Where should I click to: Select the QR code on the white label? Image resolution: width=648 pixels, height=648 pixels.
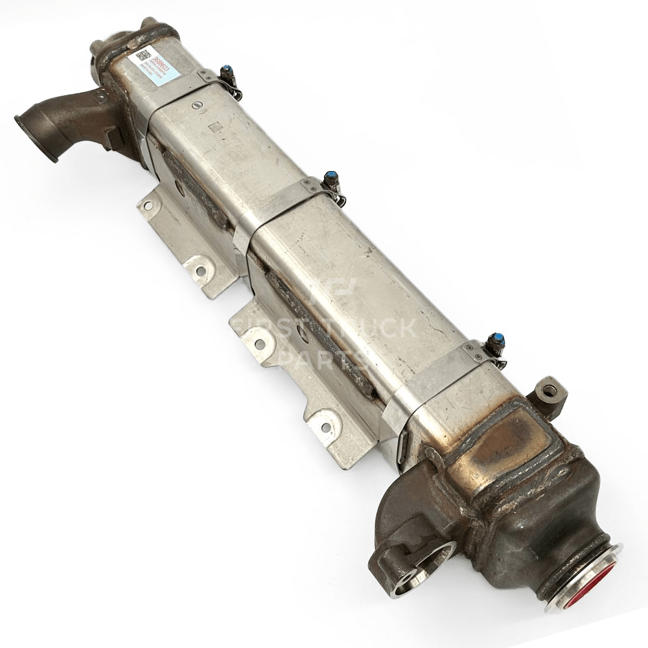[141, 54]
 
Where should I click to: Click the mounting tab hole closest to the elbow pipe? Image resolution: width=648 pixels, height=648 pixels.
[148, 205]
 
